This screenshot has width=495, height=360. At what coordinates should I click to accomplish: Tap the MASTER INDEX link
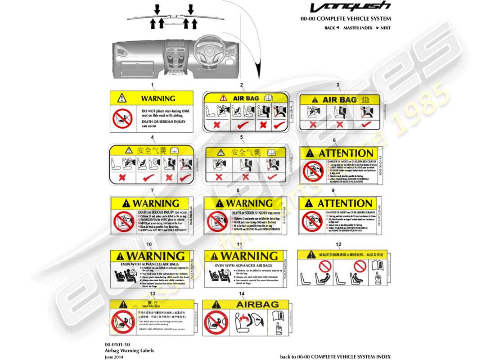coord(358,28)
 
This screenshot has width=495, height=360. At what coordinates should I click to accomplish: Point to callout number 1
coord(152,85)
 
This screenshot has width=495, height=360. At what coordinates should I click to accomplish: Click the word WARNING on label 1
coord(158,99)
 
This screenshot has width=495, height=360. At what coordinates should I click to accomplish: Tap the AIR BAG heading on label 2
coord(245,98)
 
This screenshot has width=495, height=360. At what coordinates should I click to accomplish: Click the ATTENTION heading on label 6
coord(346,153)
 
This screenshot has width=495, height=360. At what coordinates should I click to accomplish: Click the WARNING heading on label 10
coord(156,256)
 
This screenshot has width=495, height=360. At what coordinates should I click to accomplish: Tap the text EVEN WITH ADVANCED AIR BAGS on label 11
coord(244,266)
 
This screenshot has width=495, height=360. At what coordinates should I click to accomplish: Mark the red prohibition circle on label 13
coord(122,322)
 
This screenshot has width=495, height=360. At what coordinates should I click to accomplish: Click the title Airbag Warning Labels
coord(129,351)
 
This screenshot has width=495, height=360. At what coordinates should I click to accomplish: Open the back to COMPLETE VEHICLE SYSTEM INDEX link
coord(335,356)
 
